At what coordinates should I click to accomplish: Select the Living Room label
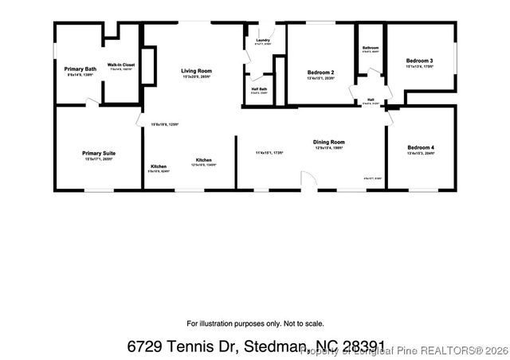tap(195, 71)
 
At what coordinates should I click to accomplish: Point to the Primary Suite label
tap(98, 153)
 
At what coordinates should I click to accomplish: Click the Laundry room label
tap(263, 40)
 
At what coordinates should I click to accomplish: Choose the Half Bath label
tap(259, 89)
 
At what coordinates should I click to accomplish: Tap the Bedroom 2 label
tap(320, 72)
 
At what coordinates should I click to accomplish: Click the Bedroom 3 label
tap(419, 61)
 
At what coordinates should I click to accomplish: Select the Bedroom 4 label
tap(421, 148)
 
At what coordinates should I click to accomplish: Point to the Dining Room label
tap(328, 143)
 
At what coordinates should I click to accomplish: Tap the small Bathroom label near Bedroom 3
tap(371, 48)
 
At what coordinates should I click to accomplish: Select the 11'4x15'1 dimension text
tap(269, 152)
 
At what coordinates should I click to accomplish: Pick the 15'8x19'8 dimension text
tap(165, 124)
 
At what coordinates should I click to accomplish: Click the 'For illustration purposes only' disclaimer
tap(255, 323)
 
